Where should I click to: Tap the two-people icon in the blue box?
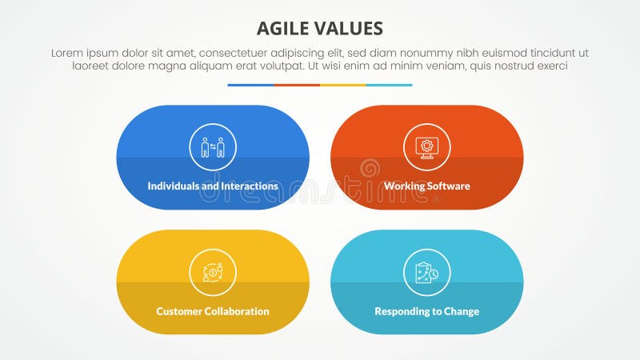pyautogui.click(x=213, y=147)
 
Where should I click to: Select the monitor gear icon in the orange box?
pyautogui.click(x=427, y=147)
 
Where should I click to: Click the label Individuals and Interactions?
pyautogui.click(x=213, y=186)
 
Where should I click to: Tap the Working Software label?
pyautogui.click(x=427, y=186)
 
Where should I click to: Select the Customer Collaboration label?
pyautogui.click(x=213, y=311)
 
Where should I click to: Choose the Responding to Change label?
pyautogui.click(x=427, y=311)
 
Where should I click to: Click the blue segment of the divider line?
pyautogui.click(x=250, y=85)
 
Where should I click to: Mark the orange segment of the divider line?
pyautogui.click(x=297, y=85)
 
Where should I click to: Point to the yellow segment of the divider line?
pyautogui.click(x=343, y=85)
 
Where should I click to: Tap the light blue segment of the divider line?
pyautogui.click(x=390, y=85)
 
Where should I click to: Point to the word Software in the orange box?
pyautogui.click(x=447, y=186)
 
